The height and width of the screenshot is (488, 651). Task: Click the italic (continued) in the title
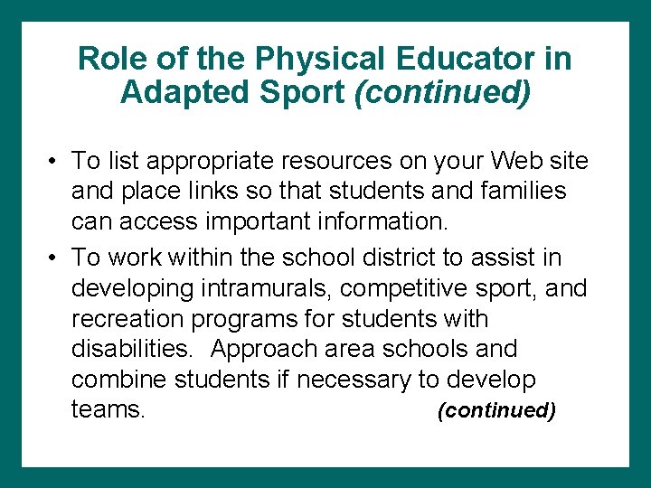(443, 93)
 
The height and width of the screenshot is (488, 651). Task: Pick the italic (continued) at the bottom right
(495, 411)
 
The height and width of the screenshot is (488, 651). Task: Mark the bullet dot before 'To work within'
(54, 258)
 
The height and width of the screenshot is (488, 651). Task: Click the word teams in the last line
(107, 410)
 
